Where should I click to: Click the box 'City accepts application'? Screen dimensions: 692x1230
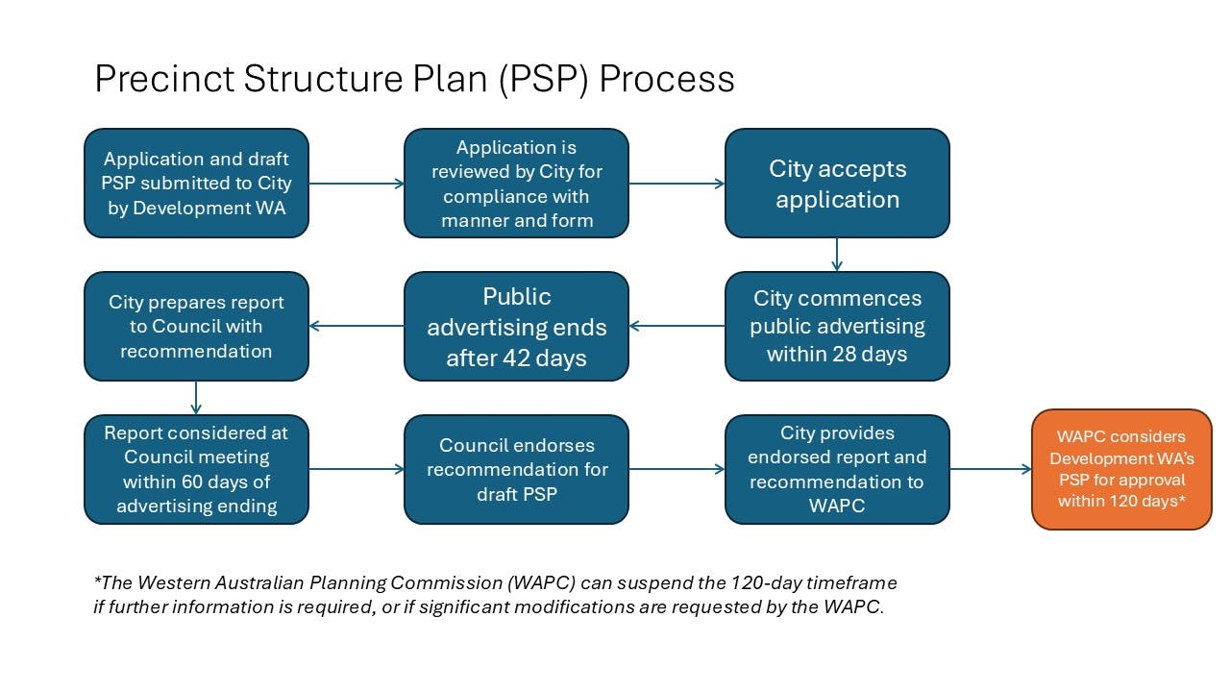pos(837,184)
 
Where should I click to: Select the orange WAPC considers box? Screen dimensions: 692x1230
pos(1121,469)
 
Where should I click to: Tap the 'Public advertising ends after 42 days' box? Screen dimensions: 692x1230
pos(516,327)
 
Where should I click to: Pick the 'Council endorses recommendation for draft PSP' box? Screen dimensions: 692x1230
pos(516,469)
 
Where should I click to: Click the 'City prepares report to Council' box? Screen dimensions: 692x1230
pos(196,327)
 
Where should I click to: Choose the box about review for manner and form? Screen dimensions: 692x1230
pos(516,184)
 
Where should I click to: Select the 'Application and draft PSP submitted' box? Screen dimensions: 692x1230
pos(196,184)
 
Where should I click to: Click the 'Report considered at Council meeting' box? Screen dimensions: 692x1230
pos(196,469)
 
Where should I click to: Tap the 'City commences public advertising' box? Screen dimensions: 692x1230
pos(837,327)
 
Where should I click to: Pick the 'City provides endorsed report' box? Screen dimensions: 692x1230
pos(837,469)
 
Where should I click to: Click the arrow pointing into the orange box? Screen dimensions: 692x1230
pos(991,470)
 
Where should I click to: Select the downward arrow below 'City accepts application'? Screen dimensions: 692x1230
pos(837,255)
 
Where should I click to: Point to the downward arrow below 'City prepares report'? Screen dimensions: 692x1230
pos(196,398)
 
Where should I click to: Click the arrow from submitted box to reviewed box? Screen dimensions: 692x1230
pos(357,184)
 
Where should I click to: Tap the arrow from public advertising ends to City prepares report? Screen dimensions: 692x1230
pos(357,326)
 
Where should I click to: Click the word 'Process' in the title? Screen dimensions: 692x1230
pos(667,79)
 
